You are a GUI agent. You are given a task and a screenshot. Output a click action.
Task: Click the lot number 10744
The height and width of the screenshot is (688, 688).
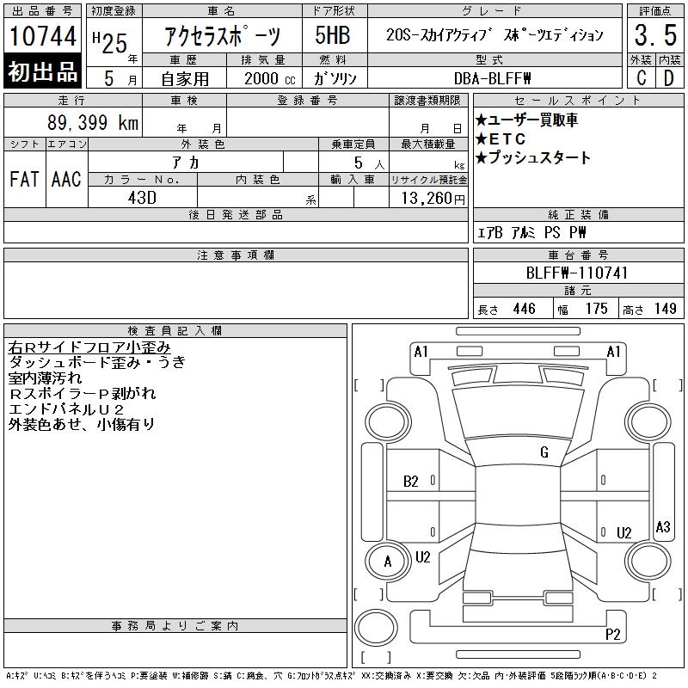(42, 36)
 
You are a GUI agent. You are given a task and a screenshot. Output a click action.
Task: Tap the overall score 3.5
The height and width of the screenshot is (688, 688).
(655, 35)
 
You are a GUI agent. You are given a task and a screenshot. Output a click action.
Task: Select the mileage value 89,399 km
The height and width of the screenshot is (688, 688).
(93, 122)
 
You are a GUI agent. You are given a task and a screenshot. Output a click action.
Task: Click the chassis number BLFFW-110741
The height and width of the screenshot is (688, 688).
(577, 273)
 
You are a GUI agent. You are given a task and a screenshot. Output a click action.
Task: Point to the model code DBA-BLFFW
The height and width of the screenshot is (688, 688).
(492, 78)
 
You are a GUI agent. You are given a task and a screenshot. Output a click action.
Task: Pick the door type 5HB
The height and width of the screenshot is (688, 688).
(333, 35)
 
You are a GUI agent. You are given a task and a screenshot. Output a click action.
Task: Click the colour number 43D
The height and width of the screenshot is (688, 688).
(142, 198)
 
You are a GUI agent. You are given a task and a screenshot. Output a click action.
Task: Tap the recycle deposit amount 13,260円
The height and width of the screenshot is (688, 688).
(433, 199)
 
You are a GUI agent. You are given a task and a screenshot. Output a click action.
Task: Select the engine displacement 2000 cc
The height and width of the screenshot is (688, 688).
(270, 78)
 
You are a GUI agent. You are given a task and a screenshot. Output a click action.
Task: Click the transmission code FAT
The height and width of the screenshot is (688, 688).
(25, 179)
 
